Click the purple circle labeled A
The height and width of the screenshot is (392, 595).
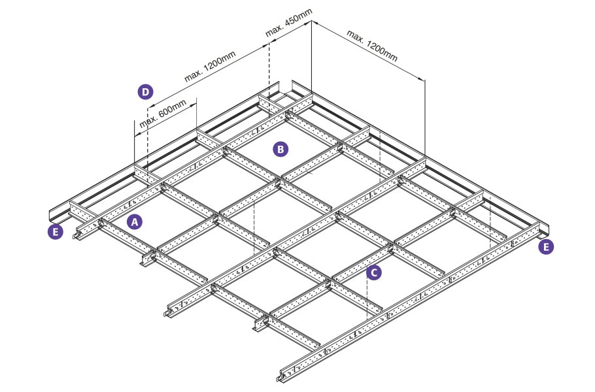point(134,221)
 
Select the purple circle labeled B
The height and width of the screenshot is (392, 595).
point(280,149)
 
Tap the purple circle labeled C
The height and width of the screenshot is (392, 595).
point(374,272)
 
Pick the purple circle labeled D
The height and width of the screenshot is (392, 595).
point(145,91)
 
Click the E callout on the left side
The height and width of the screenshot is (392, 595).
point(56,232)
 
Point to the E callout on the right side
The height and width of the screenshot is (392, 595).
point(546,247)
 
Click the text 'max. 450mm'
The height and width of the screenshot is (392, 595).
point(289,22)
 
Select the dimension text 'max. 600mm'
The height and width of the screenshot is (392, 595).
point(163,114)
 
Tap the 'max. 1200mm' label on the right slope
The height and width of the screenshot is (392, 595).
point(372,46)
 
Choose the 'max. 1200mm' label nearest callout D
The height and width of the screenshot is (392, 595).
point(210,67)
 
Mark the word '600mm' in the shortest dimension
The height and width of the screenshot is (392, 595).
point(172,108)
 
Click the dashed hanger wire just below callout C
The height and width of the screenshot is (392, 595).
point(367,299)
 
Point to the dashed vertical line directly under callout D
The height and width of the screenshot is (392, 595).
point(147,144)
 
